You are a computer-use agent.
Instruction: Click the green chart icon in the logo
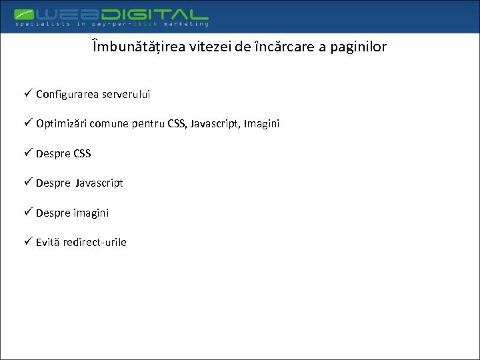pyautogui.click(x=26, y=13)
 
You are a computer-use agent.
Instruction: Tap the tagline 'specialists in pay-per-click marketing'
pyautogui.click(x=112, y=24)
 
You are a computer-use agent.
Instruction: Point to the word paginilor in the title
pyautogui.click(x=357, y=47)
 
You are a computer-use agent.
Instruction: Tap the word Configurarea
pyautogui.click(x=67, y=95)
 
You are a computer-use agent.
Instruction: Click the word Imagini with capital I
pyautogui.click(x=262, y=124)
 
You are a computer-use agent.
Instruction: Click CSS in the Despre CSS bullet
pyautogui.click(x=83, y=153)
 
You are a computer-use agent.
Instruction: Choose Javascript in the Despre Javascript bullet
pyautogui.click(x=99, y=183)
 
